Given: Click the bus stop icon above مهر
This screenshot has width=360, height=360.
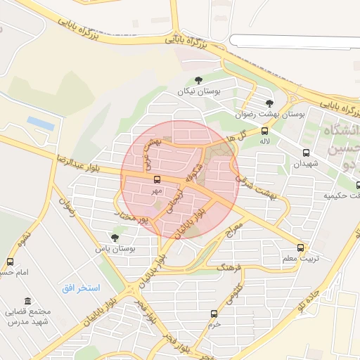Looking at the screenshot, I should [x=156, y=179].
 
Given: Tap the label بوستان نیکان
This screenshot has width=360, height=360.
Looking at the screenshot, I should [x=199, y=92].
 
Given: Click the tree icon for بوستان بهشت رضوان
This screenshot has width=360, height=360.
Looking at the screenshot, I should [x=269, y=103].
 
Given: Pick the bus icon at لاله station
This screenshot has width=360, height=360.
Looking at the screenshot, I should [x=265, y=131].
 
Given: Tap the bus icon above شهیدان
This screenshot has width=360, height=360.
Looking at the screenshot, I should [x=306, y=153].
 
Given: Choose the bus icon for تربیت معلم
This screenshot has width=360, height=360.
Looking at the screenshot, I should [x=301, y=247].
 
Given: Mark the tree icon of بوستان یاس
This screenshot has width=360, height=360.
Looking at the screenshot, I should [x=115, y=238].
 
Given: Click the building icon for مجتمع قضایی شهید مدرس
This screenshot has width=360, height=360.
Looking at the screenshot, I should [x=27, y=301].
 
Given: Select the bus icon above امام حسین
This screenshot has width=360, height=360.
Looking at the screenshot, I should [x=10, y=262].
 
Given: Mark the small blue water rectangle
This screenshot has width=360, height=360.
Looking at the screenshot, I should [x=41, y=123].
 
